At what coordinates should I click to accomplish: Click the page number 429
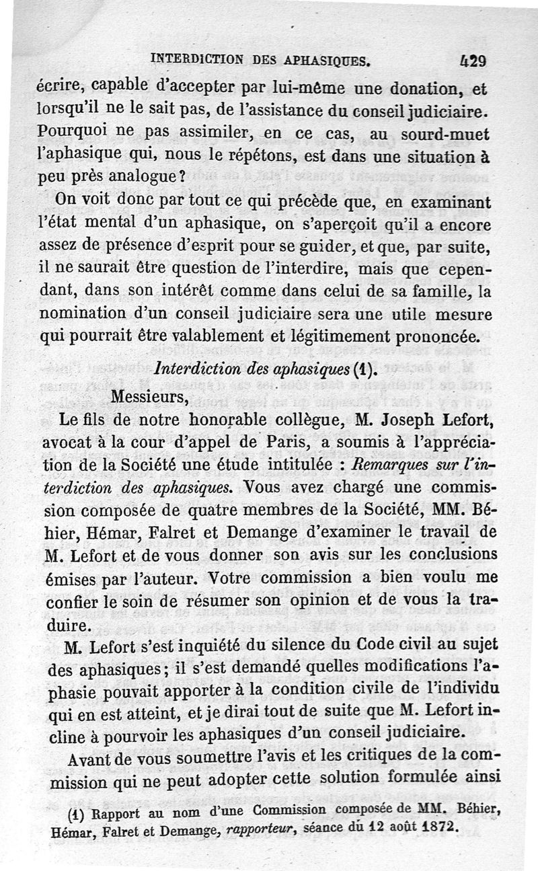473,61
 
